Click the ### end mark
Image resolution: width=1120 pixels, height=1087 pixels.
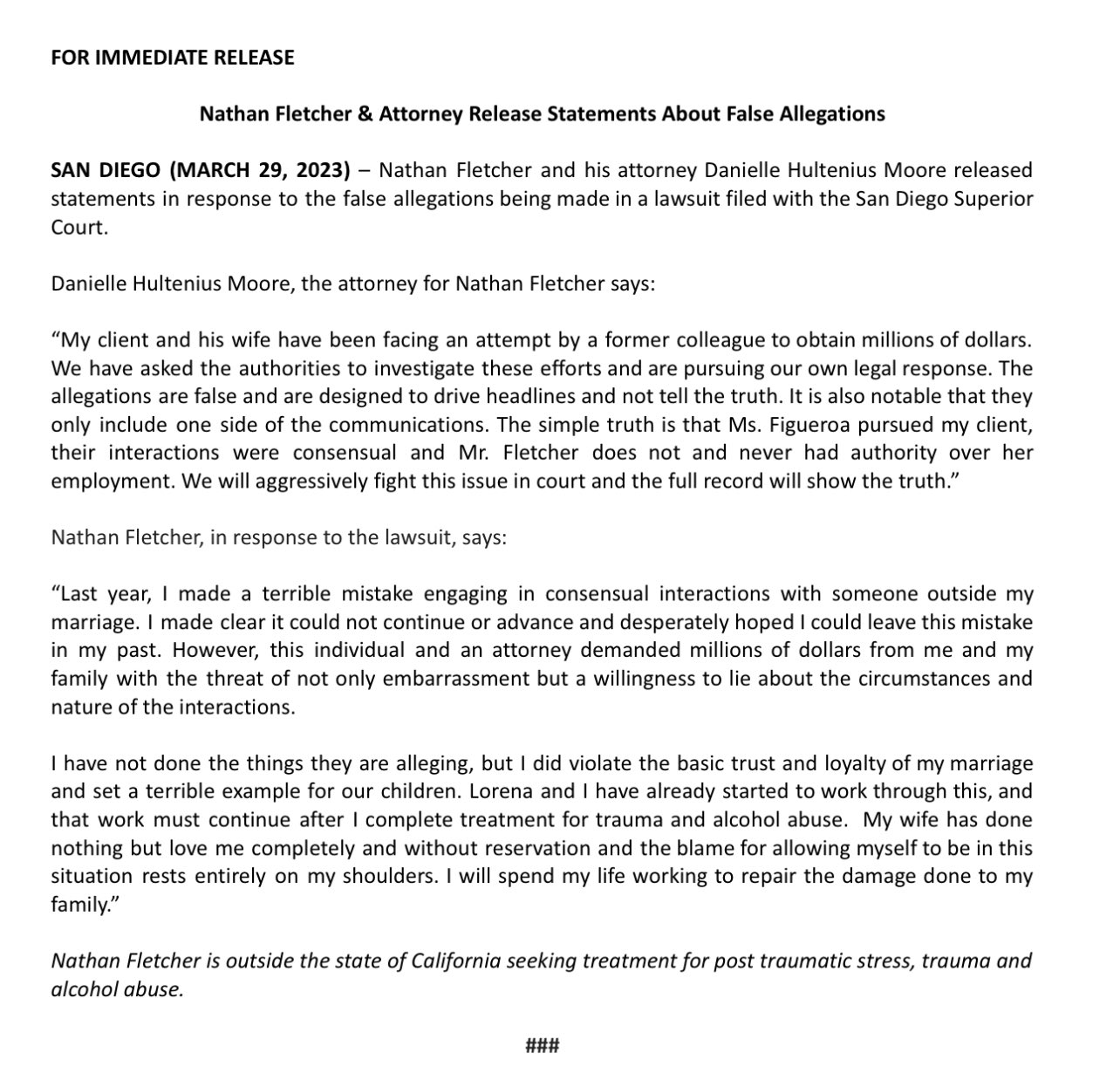(542, 1044)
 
